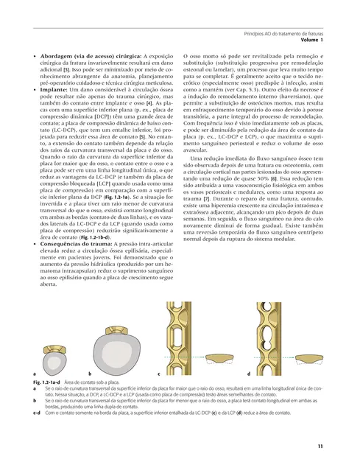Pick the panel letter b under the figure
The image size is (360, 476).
click(x=90, y=374)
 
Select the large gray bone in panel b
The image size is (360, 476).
click(x=118, y=354)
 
